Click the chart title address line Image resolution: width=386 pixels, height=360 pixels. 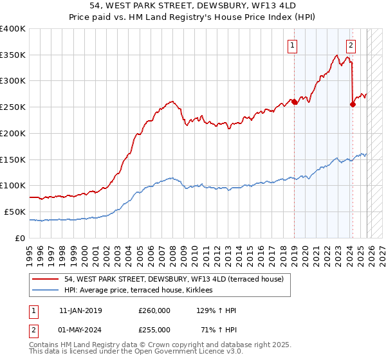(x=193, y=6)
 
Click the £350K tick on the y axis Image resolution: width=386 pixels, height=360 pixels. (x=13, y=55)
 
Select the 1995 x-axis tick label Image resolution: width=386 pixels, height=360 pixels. (x=30, y=250)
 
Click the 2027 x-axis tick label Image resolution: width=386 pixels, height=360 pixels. (x=378, y=250)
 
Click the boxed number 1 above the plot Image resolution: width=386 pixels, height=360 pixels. (x=293, y=45)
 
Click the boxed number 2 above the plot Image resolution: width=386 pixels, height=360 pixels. (x=351, y=45)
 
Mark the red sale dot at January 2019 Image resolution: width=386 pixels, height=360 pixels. (x=294, y=102)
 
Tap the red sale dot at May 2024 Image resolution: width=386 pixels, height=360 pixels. (x=353, y=104)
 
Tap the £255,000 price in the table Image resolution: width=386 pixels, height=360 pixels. (x=154, y=329)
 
